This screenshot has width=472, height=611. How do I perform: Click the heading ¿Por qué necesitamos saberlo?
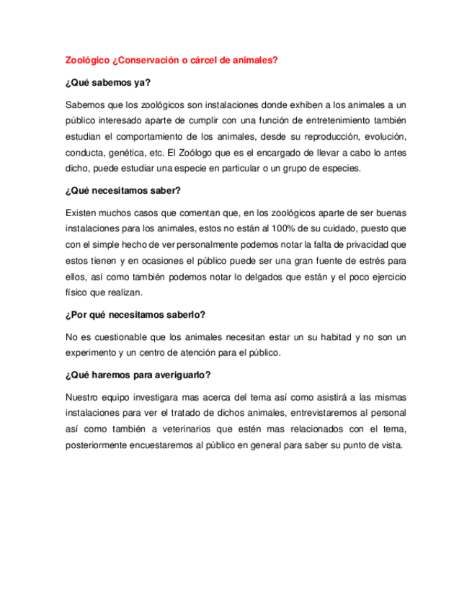pos(135,315)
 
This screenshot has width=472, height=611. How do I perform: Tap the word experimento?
pos(92,353)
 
